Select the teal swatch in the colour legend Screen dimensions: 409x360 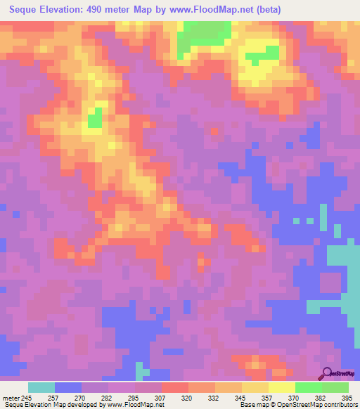pyautogui.click(x=41, y=387)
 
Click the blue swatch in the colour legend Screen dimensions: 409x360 pyautogui.click(x=68, y=387)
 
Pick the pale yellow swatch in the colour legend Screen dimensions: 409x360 pyautogui.click(x=281, y=387)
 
